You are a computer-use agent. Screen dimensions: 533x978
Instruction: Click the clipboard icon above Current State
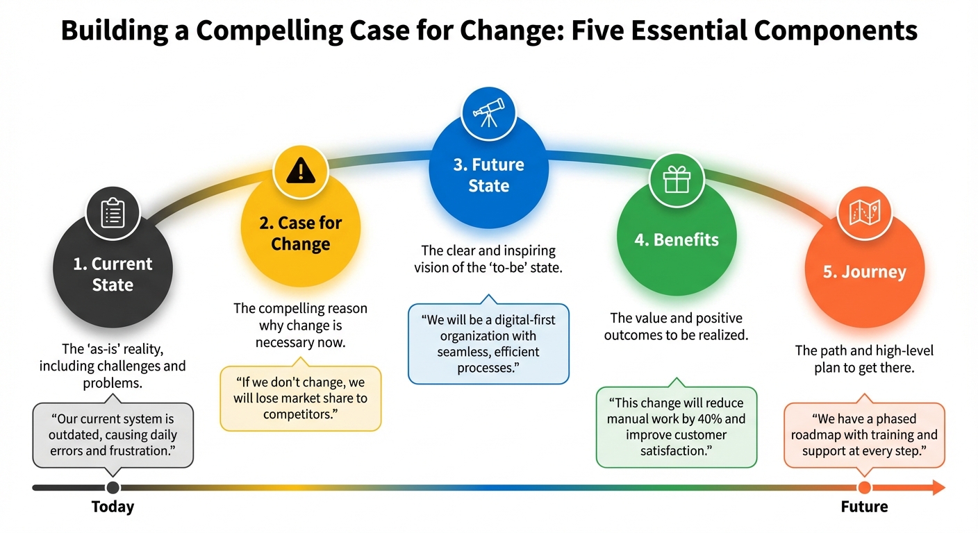click(113, 213)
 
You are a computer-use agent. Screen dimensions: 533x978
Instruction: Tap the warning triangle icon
click(300, 169)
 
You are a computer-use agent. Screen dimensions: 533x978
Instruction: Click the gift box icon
click(676, 180)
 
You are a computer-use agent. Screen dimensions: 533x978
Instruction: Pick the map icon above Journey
click(864, 212)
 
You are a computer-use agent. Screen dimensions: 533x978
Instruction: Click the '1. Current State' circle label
click(113, 274)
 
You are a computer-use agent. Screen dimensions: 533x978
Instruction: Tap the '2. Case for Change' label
click(300, 234)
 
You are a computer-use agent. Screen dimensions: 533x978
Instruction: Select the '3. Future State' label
click(488, 176)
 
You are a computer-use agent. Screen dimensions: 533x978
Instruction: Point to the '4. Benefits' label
click(677, 240)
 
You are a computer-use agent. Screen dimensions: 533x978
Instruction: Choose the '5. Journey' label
click(864, 272)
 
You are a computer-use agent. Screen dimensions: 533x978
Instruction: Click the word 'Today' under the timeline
click(113, 507)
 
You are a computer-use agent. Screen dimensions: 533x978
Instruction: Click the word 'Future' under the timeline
click(864, 507)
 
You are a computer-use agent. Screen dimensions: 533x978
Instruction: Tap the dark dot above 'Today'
click(113, 488)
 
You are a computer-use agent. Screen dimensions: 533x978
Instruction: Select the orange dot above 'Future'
click(864, 488)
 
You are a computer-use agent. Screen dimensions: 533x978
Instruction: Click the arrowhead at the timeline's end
click(938, 488)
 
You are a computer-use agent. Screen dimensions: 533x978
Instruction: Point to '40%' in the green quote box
click(718, 419)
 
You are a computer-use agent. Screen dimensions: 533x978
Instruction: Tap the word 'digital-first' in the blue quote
click(511, 320)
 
